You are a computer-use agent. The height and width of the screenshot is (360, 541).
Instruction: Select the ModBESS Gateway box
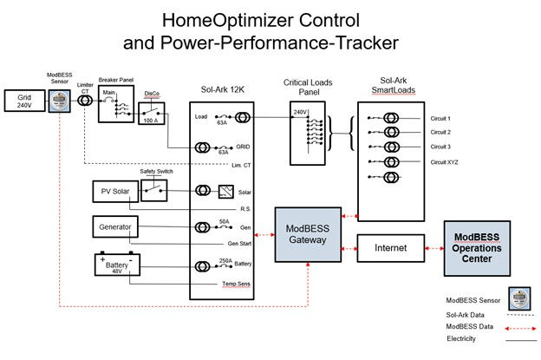[309, 233]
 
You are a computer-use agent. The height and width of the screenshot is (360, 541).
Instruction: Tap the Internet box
[390, 247]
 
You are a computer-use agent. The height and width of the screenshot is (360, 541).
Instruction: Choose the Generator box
[115, 227]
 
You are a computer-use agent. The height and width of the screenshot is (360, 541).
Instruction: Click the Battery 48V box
[117, 264]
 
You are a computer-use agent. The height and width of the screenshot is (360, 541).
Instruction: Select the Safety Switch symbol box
[154, 191]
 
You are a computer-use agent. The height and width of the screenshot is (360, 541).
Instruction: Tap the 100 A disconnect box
[154, 115]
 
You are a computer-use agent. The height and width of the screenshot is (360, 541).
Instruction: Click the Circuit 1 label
[442, 119]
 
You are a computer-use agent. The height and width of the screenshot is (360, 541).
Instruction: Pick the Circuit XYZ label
[445, 161]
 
